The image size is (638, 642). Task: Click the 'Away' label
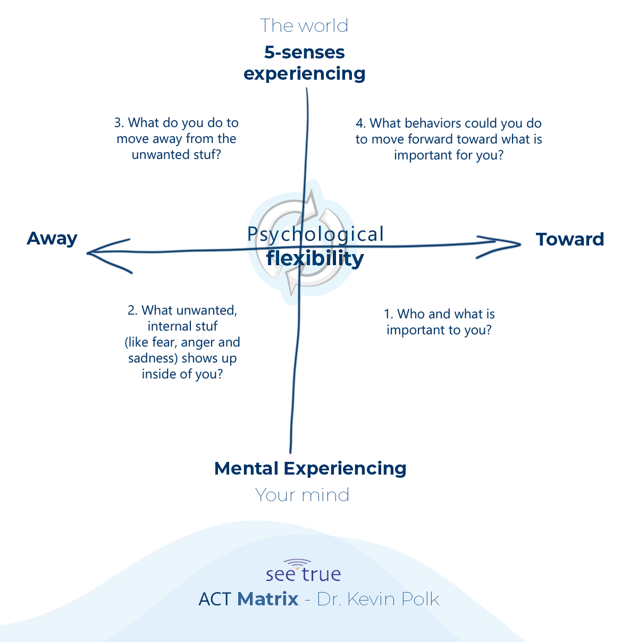point(52,239)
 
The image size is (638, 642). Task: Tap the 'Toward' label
point(570,239)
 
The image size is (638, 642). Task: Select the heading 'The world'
point(304,26)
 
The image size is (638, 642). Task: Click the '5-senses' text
point(304,52)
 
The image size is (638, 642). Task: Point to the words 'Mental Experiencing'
point(310,468)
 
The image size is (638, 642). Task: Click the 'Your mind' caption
point(302,495)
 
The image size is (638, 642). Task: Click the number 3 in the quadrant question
point(118,123)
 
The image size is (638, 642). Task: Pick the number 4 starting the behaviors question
point(360,124)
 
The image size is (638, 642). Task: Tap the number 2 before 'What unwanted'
point(132,310)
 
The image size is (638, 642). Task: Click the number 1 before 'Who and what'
point(388,314)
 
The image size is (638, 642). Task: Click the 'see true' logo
point(303,571)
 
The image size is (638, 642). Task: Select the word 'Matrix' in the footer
point(267,599)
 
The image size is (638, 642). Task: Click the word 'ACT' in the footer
point(214,599)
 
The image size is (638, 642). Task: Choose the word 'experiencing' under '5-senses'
point(304,74)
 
